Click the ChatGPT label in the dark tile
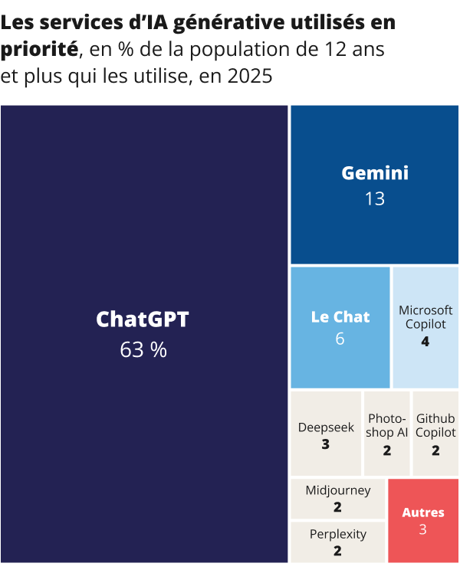[143, 319]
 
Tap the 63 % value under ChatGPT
[143, 350]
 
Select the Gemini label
[375, 173]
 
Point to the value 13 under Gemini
[375, 199]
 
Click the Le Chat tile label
[340, 317]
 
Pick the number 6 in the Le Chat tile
[340, 339]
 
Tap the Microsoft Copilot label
[426, 317]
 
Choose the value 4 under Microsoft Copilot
[426, 342]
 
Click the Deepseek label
[326, 427]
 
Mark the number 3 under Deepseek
[326, 444]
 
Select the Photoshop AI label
[386, 426]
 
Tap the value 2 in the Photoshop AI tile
[386, 450]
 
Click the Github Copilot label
[435, 426]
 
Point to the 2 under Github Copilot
[435, 450]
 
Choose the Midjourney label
[337, 490]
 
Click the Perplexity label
[337, 534]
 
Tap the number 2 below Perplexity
[337, 551]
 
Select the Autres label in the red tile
[423, 512]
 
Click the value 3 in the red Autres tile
[423, 530]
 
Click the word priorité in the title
[39, 51]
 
